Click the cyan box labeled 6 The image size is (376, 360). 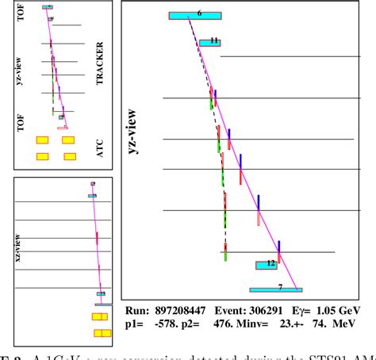coord(195,15)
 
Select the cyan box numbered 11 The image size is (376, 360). coord(210,41)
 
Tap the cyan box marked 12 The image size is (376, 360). coord(267,264)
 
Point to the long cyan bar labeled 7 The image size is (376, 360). coord(276,289)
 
